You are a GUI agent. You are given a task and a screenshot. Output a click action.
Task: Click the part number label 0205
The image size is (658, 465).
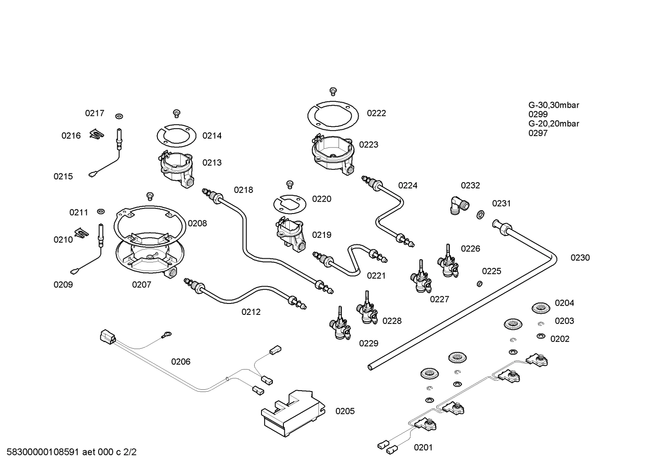(345, 411)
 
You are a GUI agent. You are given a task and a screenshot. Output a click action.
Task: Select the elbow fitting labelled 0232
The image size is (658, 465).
(460, 206)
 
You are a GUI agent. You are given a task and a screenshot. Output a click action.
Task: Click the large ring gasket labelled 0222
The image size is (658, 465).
(333, 116)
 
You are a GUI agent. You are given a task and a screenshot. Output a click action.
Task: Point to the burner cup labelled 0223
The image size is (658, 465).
(333, 155)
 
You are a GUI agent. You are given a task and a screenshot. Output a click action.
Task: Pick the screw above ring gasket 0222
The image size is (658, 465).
(333, 91)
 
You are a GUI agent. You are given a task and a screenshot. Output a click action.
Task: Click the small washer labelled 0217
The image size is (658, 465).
(119, 116)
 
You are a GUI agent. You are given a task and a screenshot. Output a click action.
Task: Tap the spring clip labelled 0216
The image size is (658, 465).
(97, 134)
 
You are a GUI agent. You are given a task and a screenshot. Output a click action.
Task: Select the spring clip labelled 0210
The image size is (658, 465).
(81, 233)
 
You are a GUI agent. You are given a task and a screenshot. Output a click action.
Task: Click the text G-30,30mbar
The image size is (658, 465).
(554, 105)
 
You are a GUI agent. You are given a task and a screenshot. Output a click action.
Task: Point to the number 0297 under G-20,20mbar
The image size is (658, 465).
(538, 133)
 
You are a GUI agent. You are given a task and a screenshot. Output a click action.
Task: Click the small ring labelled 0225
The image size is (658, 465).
(480, 284)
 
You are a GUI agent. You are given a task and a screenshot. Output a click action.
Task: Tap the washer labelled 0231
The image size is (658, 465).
(480, 214)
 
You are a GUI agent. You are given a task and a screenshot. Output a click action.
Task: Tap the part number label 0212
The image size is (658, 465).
(251, 312)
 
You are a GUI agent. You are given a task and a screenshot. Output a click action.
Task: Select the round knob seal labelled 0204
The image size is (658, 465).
(540, 308)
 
